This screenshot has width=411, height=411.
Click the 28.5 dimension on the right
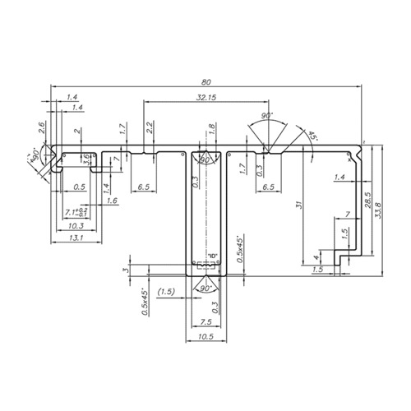[368, 200]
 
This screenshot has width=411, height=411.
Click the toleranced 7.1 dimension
[75, 213]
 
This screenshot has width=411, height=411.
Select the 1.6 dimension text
[112, 200]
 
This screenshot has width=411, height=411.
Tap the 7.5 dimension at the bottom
[205, 322]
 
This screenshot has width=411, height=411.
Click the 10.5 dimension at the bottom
[205, 337]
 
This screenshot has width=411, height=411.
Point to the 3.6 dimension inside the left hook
[85, 158]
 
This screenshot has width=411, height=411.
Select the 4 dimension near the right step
[318, 259]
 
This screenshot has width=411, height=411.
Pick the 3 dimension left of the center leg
[126, 270]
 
